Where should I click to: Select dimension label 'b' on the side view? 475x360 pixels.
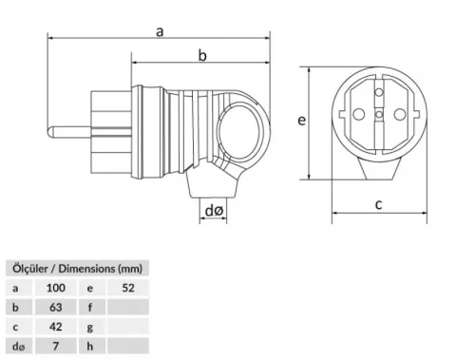point(201,56)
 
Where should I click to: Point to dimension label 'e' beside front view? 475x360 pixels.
point(301,121)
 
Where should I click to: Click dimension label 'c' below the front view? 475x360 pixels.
point(377,204)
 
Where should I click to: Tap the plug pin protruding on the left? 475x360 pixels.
point(62,124)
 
